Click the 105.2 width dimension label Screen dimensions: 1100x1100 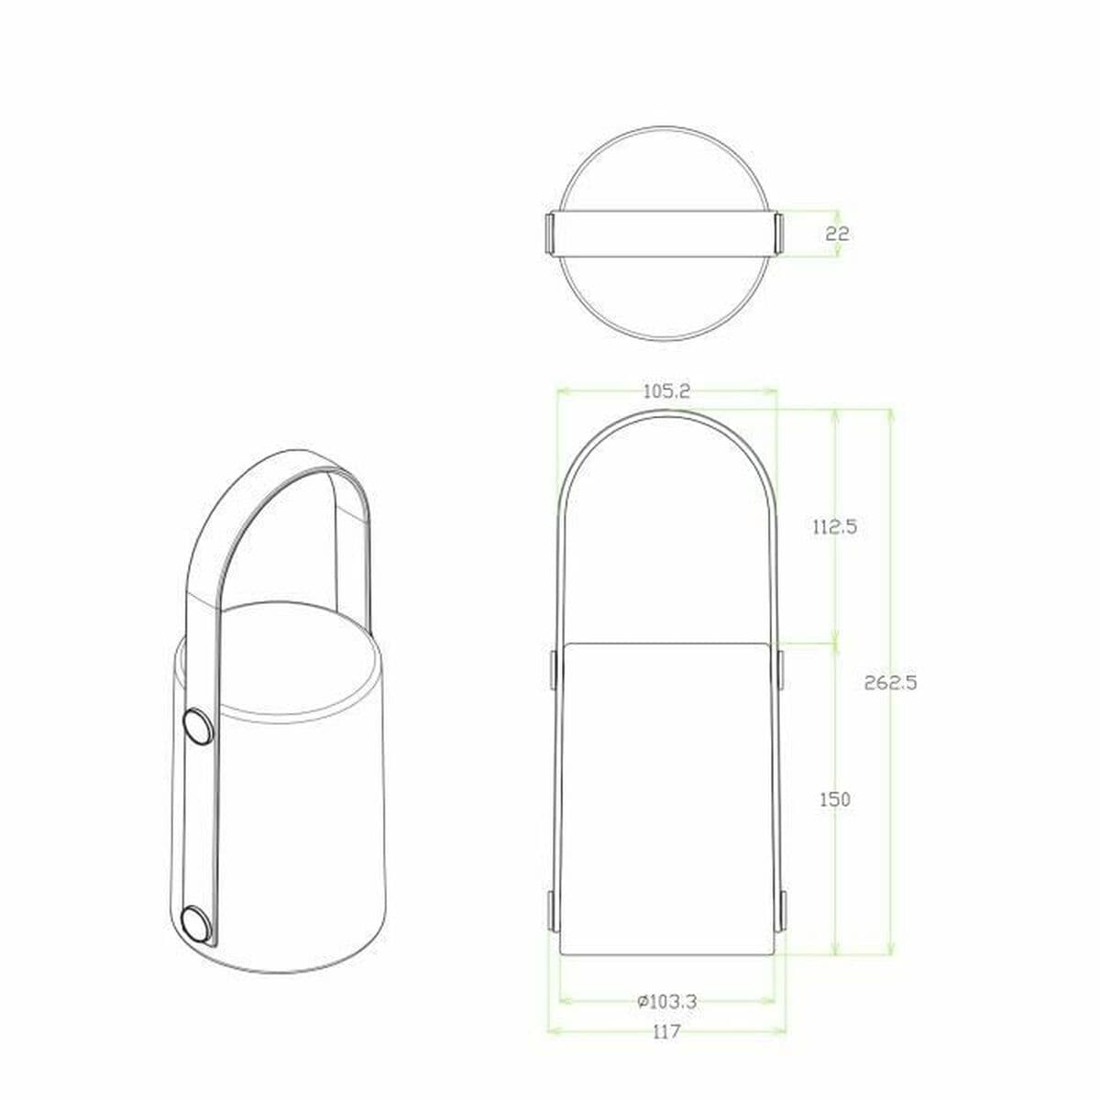point(666,390)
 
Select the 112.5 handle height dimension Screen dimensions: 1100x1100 point(835,527)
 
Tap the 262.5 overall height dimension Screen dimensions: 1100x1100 point(890,682)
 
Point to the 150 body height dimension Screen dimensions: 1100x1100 point(835,799)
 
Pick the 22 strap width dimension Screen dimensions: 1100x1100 point(837,234)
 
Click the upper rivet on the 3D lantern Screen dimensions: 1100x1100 point(197,728)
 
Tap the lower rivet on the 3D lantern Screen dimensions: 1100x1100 point(195,923)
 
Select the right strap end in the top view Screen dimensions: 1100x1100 point(780,234)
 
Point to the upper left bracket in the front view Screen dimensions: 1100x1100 point(555,669)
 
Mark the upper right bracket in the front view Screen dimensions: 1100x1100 point(780,669)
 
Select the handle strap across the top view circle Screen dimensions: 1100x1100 point(665,234)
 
